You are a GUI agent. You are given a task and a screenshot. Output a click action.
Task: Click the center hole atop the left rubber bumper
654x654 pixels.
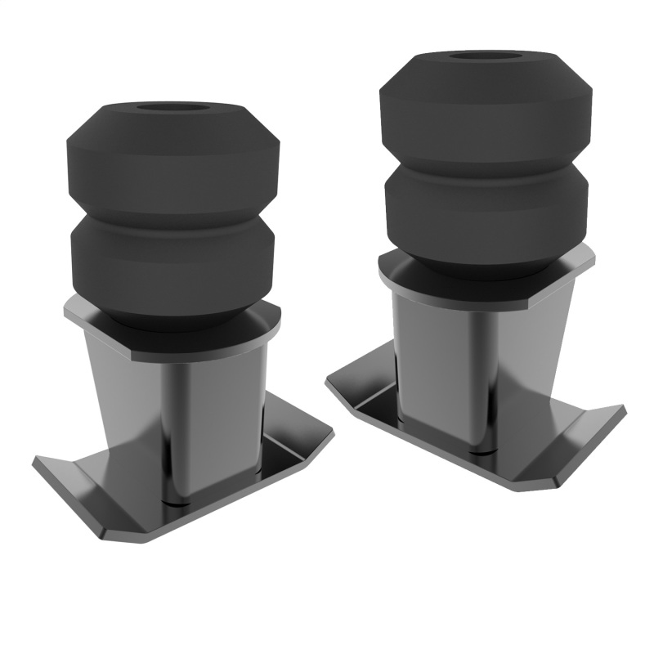click(x=172, y=109)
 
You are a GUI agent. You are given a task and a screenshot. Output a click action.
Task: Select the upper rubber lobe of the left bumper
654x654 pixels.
click(x=172, y=159)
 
